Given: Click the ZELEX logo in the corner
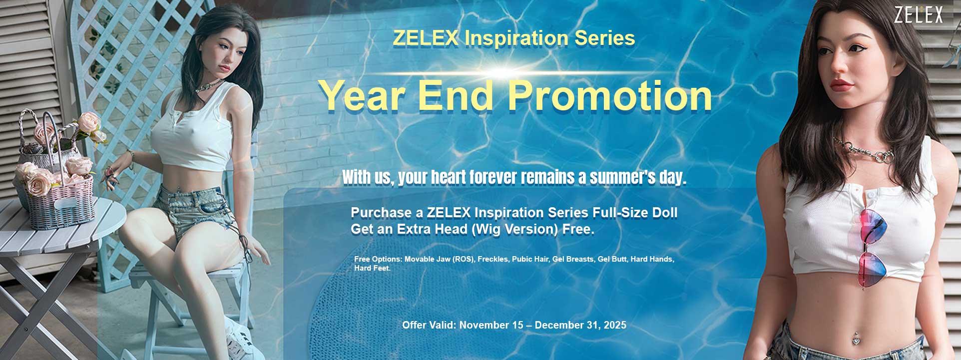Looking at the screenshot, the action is click(x=918, y=15).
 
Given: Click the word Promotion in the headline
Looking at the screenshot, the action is click(x=610, y=96).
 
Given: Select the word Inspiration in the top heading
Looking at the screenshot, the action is click(x=516, y=38).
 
